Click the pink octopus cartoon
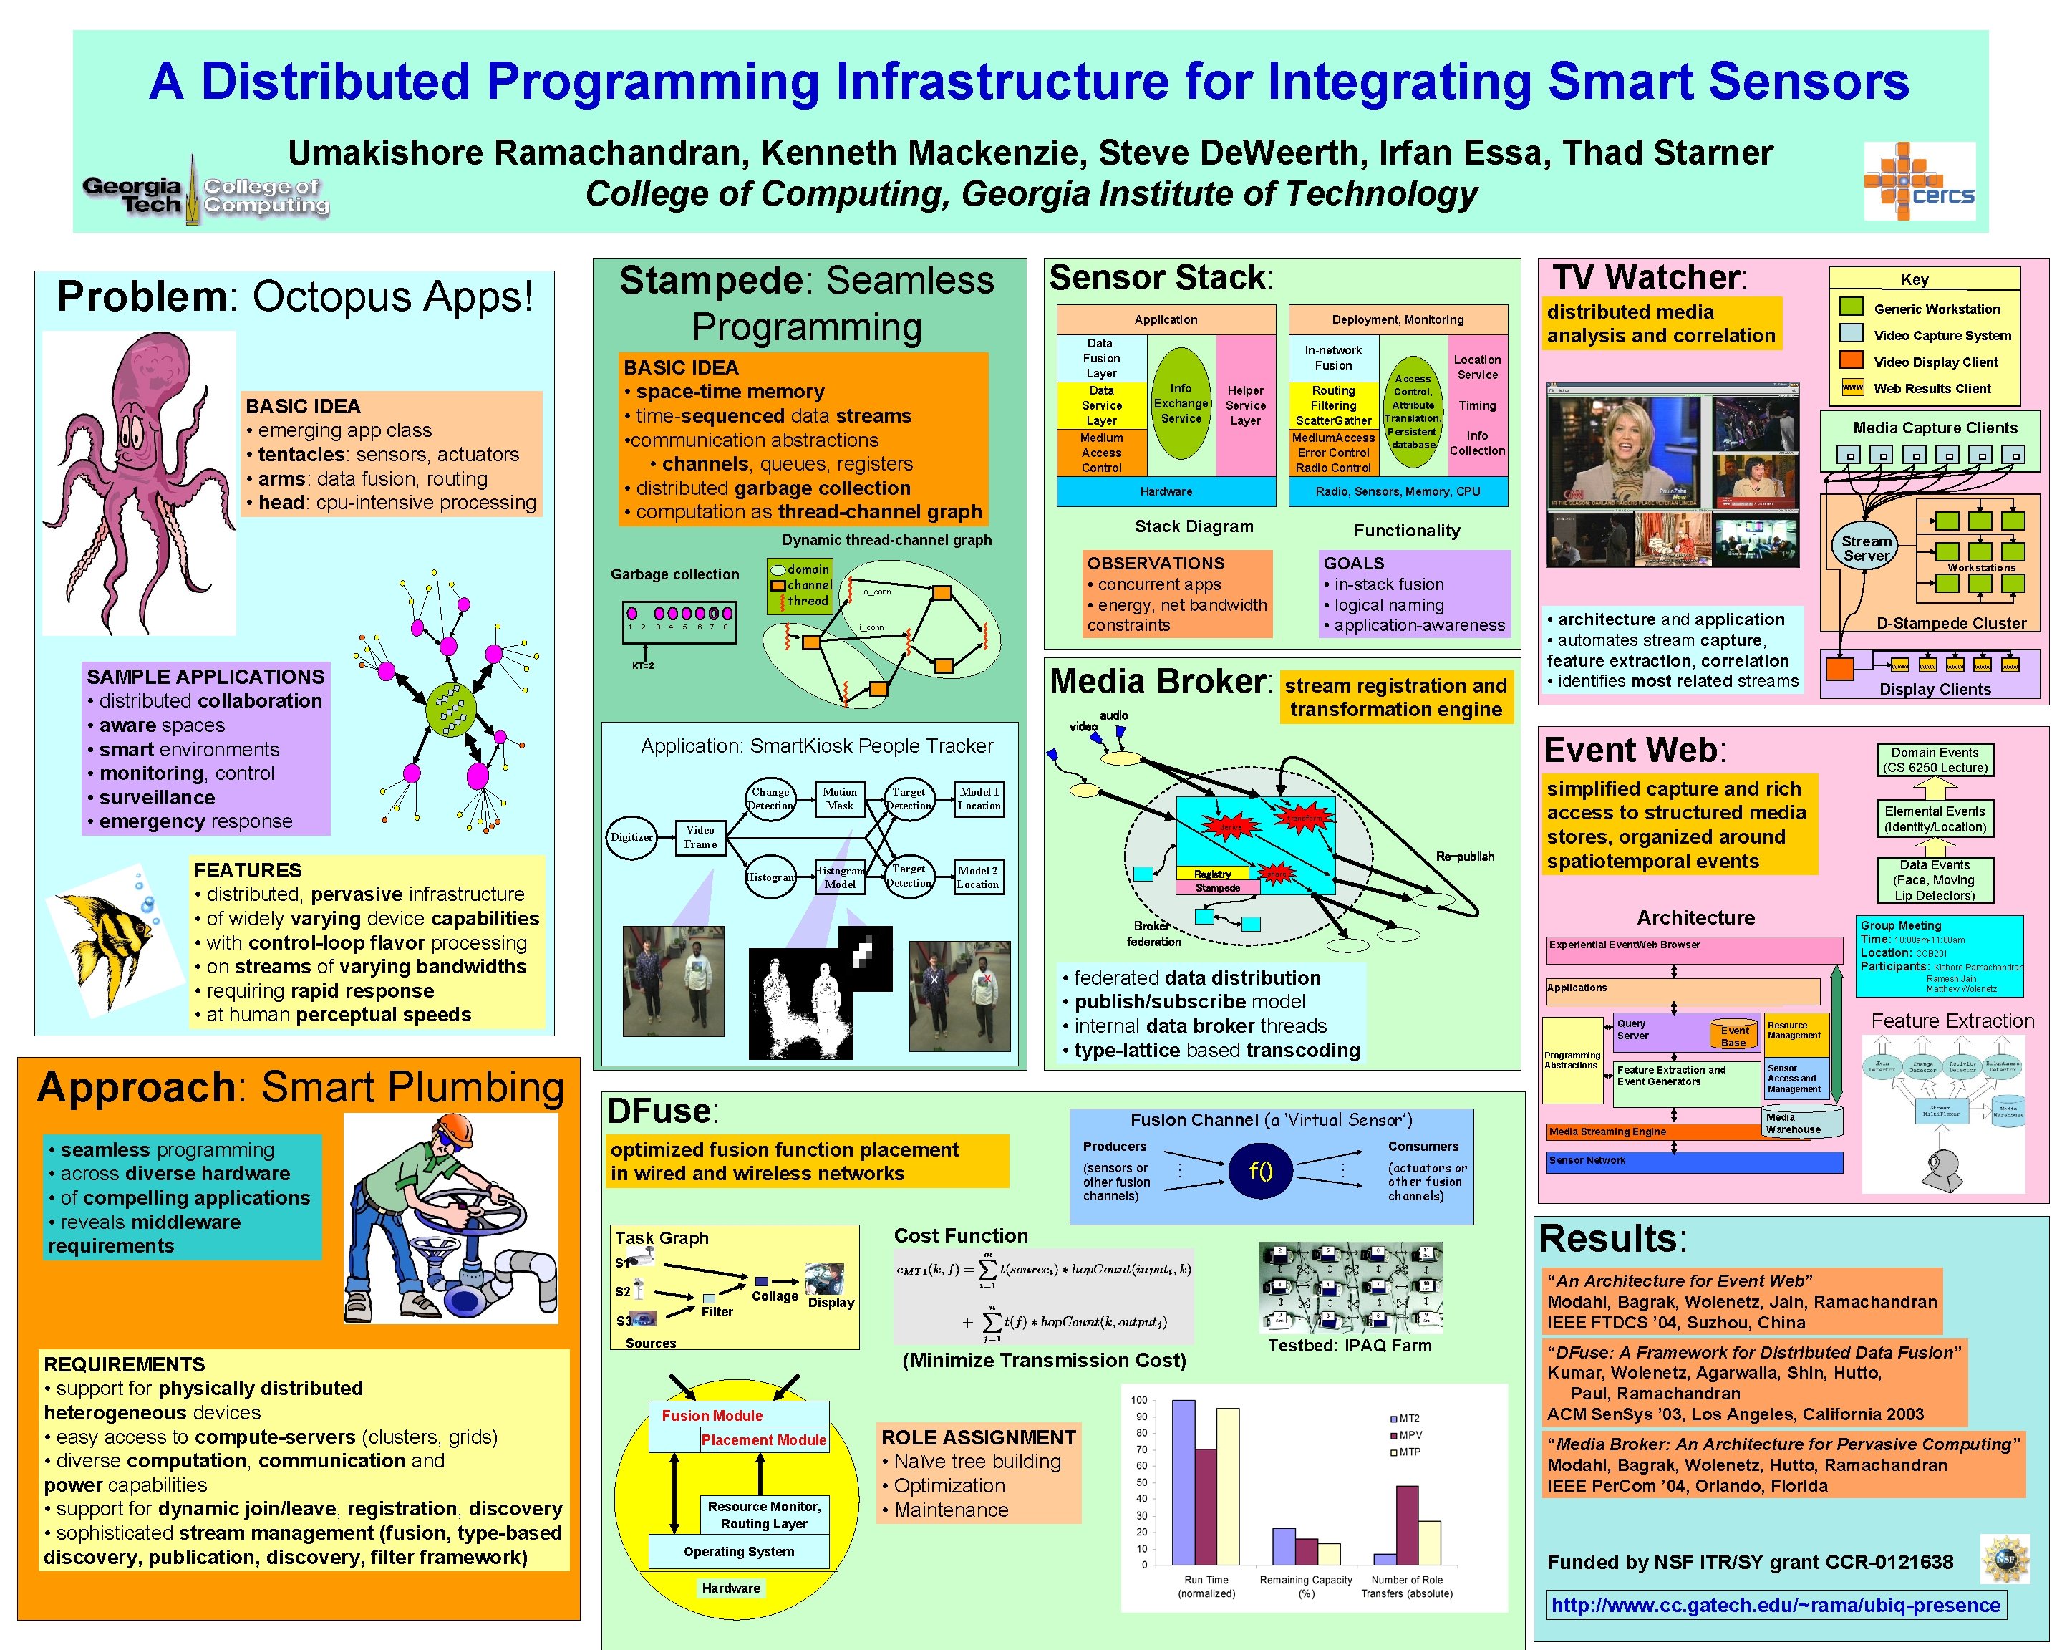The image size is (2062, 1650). point(139,478)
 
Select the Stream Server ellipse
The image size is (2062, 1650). point(1866,548)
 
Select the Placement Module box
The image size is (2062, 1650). point(763,1439)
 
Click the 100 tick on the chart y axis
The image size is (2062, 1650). point(1139,1400)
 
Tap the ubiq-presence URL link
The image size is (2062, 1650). point(1775,1605)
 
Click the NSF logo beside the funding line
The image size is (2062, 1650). point(2005,1560)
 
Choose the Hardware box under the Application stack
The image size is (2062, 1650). point(1166,492)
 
